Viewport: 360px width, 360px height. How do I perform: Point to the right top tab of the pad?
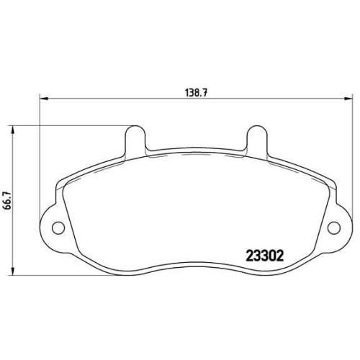click(256, 138)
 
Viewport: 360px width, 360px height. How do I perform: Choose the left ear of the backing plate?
click(53, 227)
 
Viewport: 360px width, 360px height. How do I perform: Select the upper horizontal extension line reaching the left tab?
click(72, 126)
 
